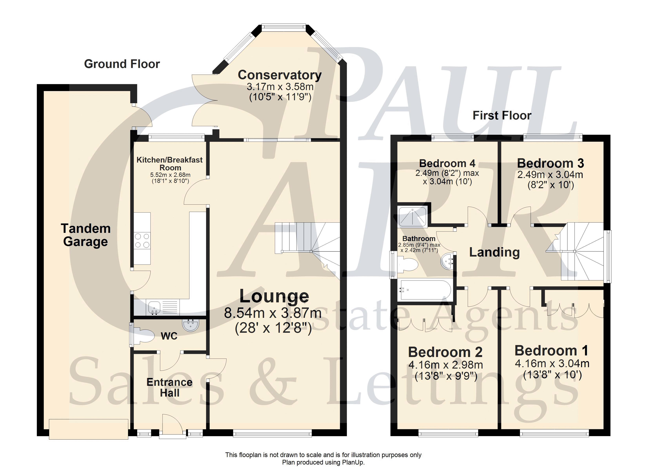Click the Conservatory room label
pyautogui.click(x=280, y=75)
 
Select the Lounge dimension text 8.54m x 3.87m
pyautogui.click(x=273, y=313)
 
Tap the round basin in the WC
pyautogui.click(x=191, y=325)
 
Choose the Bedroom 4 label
pyautogui.click(x=447, y=163)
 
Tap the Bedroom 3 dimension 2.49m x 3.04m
pyautogui.click(x=550, y=174)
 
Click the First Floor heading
pyautogui.click(x=502, y=115)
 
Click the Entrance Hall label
pyautogui.click(x=169, y=388)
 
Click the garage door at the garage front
pyautogui.click(x=88, y=429)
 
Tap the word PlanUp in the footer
pyautogui.click(x=353, y=462)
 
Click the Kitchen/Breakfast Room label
pyautogui.click(x=170, y=164)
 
